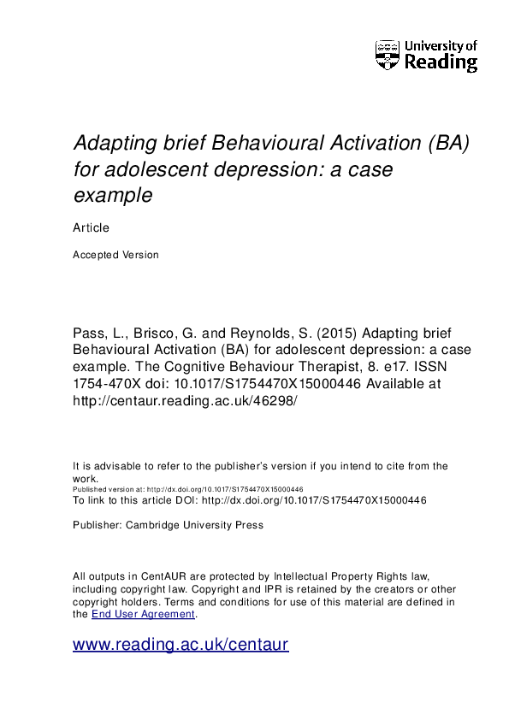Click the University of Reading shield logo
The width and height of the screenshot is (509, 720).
[x=388, y=55]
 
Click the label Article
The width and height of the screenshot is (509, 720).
[x=91, y=227]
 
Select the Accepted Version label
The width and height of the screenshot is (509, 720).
[x=115, y=255]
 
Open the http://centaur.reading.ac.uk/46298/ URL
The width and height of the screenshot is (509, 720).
[x=184, y=401]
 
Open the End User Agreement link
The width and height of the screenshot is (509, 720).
[x=143, y=614]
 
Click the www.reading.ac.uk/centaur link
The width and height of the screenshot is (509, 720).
[x=181, y=646]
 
